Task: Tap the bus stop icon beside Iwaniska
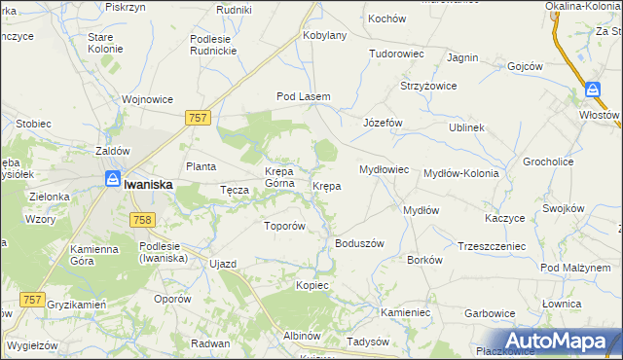(113, 180)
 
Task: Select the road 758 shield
(140, 221)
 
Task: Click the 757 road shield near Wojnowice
(198, 117)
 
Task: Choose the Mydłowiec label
(384, 169)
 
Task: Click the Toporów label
(286, 226)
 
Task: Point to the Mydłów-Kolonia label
(461, 173)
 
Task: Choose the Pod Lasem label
(304, 97)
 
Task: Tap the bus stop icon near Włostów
(593, 90)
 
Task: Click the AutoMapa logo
(556, 341)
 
